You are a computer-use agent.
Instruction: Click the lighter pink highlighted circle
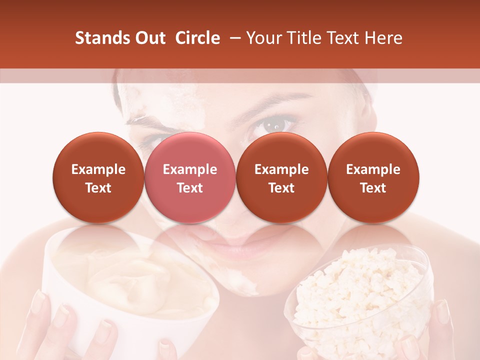189,178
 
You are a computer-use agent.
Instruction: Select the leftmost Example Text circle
98,178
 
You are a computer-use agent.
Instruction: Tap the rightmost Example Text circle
373,178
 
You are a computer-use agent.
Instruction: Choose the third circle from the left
281,178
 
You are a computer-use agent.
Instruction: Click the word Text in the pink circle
189,188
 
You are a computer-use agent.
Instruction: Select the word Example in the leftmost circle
98,169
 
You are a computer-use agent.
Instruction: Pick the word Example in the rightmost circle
373,169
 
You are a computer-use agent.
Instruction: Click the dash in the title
233,38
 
